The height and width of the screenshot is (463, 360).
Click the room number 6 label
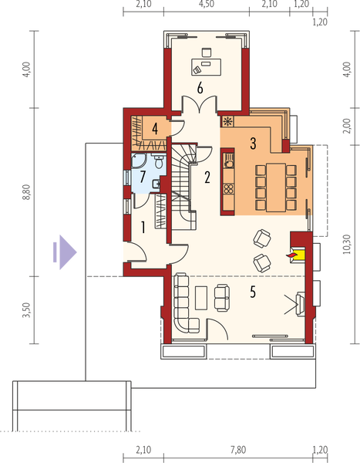[x=200, y=88]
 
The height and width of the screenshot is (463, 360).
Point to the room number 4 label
[x=155, y=127]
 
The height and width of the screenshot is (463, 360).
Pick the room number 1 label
[x=143, y=227]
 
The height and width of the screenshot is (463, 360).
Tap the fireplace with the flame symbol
[x=297, y=252]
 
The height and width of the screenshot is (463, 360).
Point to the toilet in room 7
[x=156, y=162]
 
